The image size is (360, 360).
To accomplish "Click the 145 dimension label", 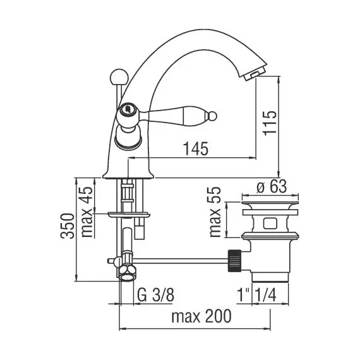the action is click(196, 148).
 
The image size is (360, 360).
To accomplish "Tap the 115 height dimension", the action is click(270, 123).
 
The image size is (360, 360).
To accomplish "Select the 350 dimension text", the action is click(68, 226).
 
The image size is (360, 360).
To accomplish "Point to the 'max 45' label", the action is click(87, 212).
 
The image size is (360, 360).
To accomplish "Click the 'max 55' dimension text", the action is click(215, 212).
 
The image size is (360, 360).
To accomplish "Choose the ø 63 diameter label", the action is click(272, 186).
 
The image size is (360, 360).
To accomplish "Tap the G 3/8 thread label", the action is click(156, 295).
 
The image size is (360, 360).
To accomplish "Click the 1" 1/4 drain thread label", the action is click(256, 295).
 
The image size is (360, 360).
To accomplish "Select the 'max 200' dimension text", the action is click(201, 316).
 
